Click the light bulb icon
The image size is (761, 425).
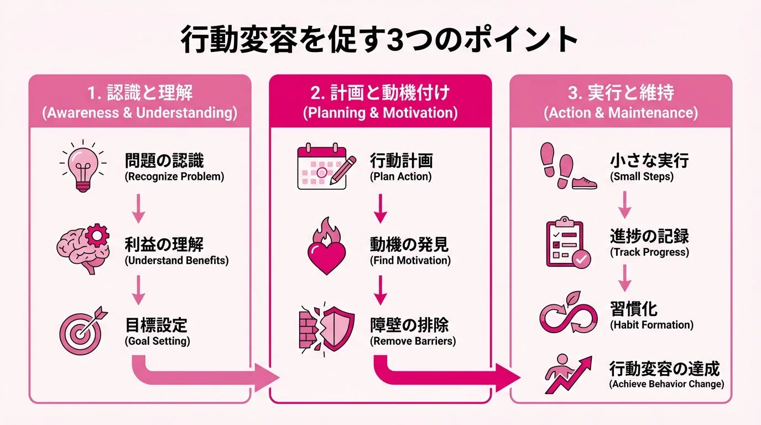81,166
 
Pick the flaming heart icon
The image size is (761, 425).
326,247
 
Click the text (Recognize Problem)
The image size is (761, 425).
174,177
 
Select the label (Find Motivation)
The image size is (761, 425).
410,260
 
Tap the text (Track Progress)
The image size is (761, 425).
649,252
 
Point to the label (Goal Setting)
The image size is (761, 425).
158,341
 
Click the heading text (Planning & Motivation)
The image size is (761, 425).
380,113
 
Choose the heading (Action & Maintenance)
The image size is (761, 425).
621,113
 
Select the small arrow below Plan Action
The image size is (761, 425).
380,209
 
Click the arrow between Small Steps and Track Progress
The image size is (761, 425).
624,204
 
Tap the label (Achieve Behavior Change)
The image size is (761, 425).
666,383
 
